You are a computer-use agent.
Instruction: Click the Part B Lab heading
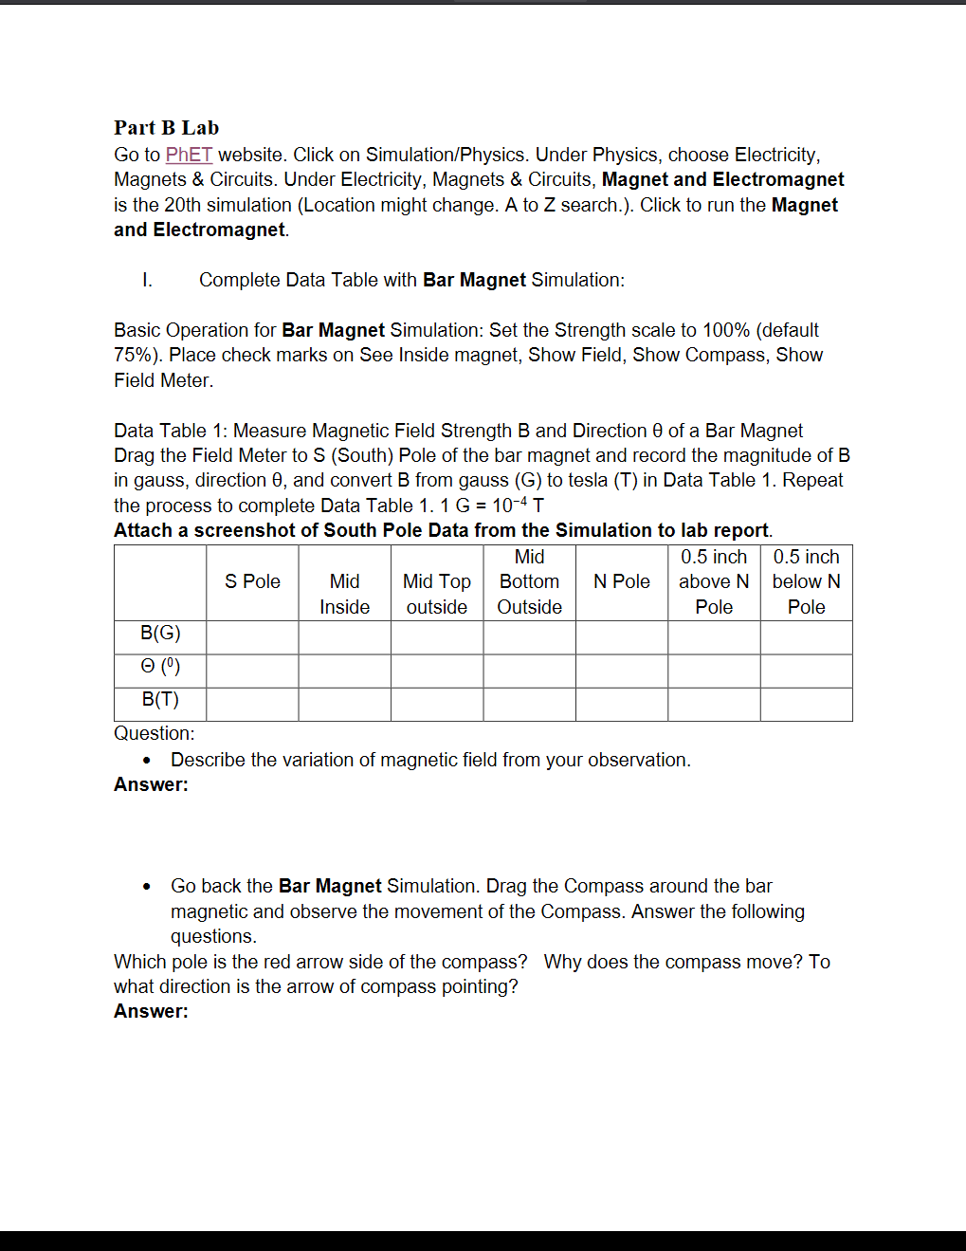tap(166, 128)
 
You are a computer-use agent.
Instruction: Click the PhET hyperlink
tap(189, 155)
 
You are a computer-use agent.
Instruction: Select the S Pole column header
tap(252, 581)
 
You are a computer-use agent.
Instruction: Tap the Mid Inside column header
tap(344, 594)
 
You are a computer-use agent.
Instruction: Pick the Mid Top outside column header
tap(436, 594)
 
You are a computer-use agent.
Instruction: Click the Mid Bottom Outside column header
tap(529, 581)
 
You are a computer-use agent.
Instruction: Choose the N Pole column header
tap(621, 581)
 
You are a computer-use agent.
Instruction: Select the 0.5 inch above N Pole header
tap(714, 581)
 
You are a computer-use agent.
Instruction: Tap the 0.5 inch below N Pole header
tap(806, 581)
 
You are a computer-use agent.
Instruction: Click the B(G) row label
tap(160, 633)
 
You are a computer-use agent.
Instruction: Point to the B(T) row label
tap(160, 699)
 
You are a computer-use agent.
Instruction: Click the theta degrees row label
tap(160, 666)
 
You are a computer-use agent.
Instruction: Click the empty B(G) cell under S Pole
tap(252, 637)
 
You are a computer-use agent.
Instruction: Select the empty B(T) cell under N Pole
tap(621, 704)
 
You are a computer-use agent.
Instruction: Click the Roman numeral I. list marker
tap(147, 280)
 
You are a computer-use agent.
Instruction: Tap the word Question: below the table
tap(154, 733)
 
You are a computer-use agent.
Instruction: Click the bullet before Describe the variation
tap(146, 761)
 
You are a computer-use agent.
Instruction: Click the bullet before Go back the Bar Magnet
tap(146, 887)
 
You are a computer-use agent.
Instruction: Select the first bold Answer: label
tap(151, 784)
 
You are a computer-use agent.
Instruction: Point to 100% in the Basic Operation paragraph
tap(726, 330)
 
